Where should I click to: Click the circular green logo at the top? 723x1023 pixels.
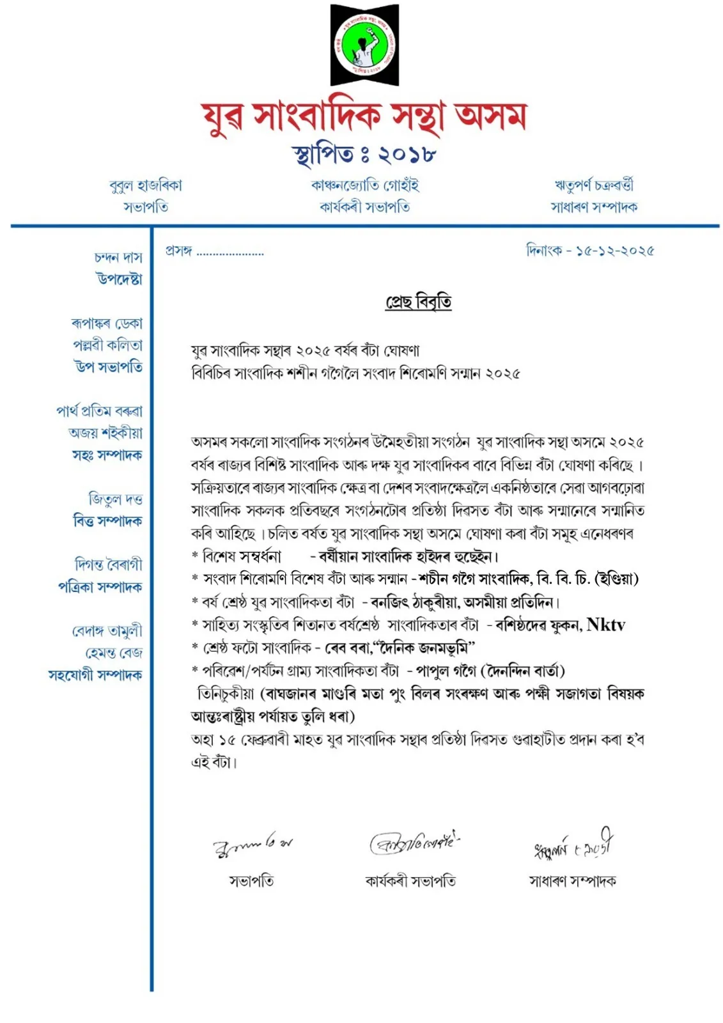click(364, 45)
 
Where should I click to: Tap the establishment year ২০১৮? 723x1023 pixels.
click(407, 155)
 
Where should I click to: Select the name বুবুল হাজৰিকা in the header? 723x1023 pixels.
click(146, 185)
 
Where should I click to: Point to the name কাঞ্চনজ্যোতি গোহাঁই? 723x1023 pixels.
click(364, 185)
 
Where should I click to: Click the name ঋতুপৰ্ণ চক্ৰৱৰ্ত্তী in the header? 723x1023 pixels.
click(594, 185)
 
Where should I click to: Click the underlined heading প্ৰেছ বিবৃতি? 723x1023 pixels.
click(418, 301)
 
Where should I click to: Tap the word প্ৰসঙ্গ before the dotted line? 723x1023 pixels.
click(179, 251)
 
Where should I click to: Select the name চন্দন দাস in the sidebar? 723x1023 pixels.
click(118, 257)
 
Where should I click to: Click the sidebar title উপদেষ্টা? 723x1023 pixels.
click(120, 279)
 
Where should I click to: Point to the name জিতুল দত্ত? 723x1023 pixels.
click(115, 499)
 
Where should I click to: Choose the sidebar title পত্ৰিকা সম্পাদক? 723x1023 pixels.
click(100, 586)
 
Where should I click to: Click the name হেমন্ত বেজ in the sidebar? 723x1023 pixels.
click(114, 653)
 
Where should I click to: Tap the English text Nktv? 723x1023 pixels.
click(605, 625)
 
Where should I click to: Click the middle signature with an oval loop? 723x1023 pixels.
click(414, 843)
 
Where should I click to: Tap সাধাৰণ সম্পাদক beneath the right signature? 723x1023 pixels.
click(572, 881)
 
